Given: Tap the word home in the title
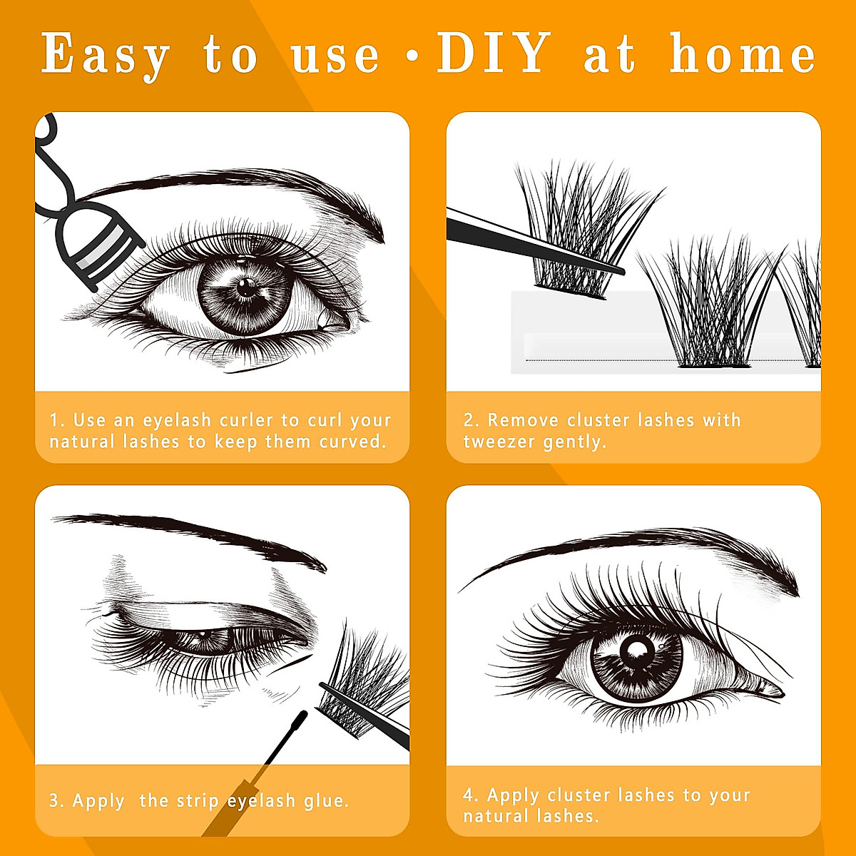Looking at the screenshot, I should tap(742, 55).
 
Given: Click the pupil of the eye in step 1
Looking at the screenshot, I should tap(246, 289).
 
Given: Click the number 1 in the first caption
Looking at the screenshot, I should tap(54, 420).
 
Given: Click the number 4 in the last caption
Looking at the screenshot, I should tap(469, 795).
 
